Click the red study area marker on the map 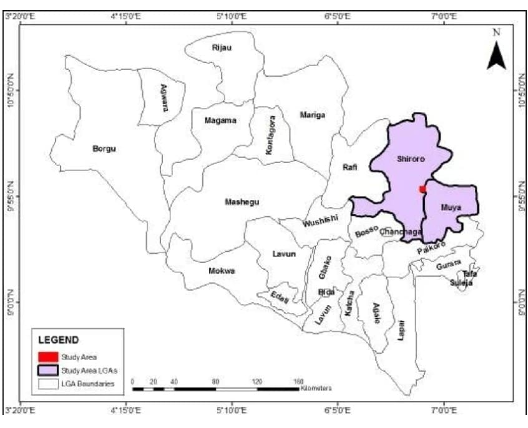tap(423, 189)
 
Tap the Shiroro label tap(411, 159)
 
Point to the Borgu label tap(104, 149)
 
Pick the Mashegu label tap(242, 202)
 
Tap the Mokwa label tap(222, 271)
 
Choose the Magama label tap(220, 121)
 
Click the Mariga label tap(312, 115)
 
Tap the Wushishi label tap(320, 221)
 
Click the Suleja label tap(461, 283)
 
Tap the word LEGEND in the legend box tap(59, 341)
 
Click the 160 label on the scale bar tap(298, 381)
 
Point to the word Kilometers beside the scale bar tap(316, 388)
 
